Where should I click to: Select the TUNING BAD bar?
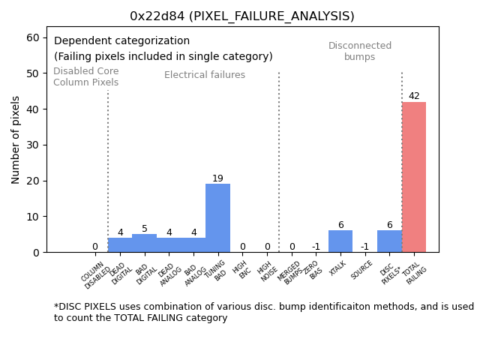click(x=217, y=218)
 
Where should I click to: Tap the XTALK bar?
click(x=340, y=241)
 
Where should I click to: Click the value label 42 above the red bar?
click(x=414, y=96)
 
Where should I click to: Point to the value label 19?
click(x=217, y=178)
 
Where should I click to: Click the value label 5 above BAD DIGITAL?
click(x=145, y=229)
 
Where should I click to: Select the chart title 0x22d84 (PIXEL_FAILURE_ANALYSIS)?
click(x=241, y=16)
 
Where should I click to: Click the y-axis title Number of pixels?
click(x=16, y=139)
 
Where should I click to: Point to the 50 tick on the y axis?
click(x=34, y=73)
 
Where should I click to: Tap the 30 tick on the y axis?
click(x=34, y=145)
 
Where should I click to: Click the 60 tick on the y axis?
click(x=34, y=37)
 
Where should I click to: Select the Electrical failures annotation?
click(x=205, y=75)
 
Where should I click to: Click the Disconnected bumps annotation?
click(x=360, y=51)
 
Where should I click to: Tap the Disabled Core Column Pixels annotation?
click(x=85, y=76)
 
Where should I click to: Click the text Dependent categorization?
click(x=121, y=41)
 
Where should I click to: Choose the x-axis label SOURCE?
click(x=362, y=271)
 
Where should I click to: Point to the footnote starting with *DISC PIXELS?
click(x=263, y=312)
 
